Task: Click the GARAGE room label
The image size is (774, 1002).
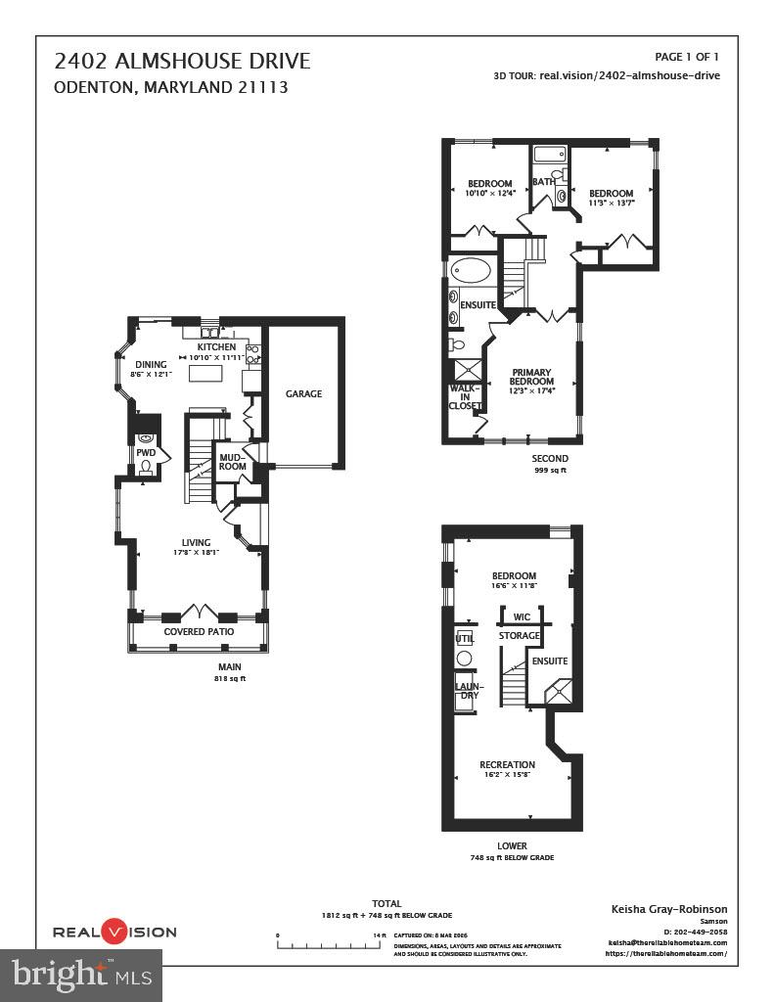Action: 303,394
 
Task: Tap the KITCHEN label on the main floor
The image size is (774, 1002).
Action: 216,347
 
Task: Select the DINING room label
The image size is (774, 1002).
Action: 151,365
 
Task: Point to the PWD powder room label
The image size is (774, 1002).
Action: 146,453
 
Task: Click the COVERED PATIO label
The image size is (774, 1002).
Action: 198,632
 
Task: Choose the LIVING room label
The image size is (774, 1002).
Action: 196,543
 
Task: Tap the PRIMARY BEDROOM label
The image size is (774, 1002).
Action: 532,376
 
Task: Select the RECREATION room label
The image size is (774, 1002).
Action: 507,764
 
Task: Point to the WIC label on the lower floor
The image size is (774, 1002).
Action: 522,617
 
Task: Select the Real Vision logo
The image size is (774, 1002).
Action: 114,932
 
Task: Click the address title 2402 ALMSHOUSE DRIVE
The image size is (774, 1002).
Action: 182,62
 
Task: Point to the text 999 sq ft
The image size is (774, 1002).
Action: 549,471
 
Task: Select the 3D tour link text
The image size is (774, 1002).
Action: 607,75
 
